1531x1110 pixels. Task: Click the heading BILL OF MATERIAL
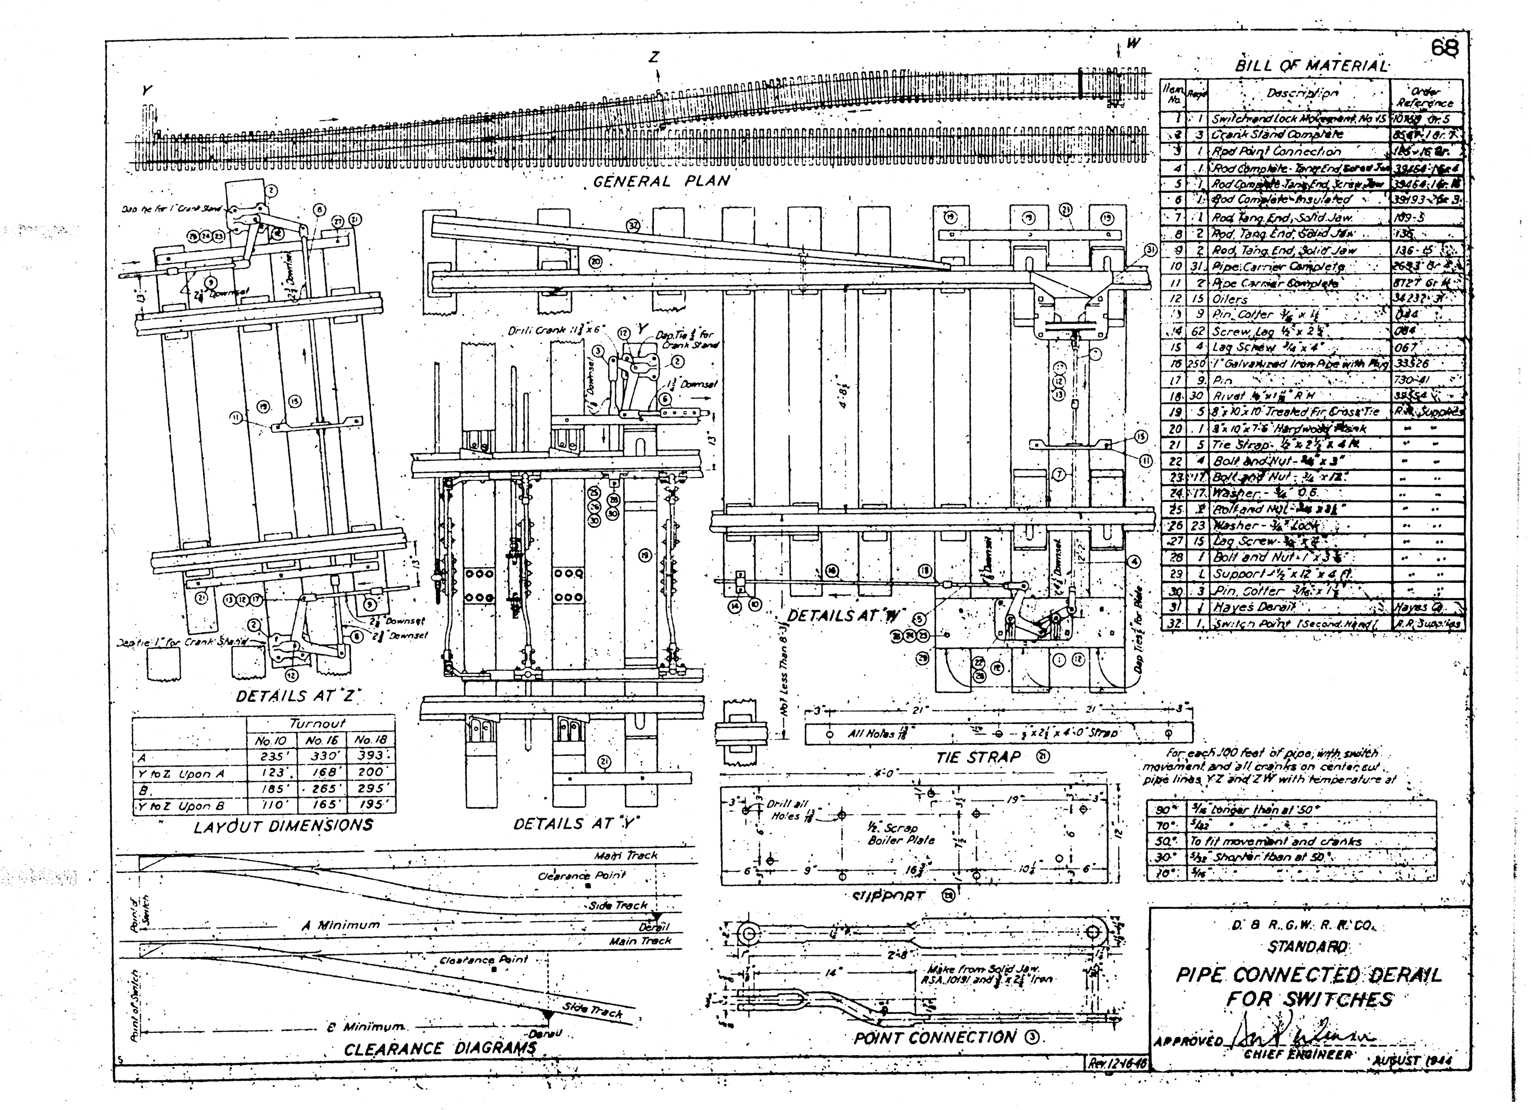pos(1311,66)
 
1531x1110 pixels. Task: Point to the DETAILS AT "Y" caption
pos(576,824)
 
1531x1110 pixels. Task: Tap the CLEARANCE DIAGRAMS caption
pos(440,1049)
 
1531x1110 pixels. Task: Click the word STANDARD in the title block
pos(1308,947)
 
